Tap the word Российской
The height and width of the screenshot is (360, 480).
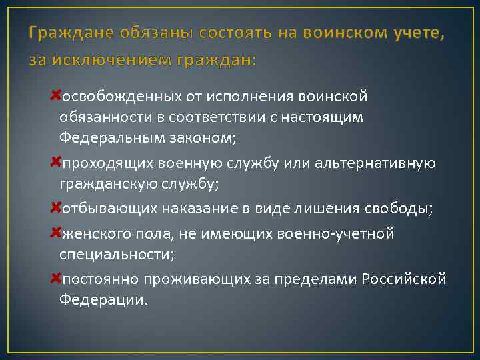point(404,279)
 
